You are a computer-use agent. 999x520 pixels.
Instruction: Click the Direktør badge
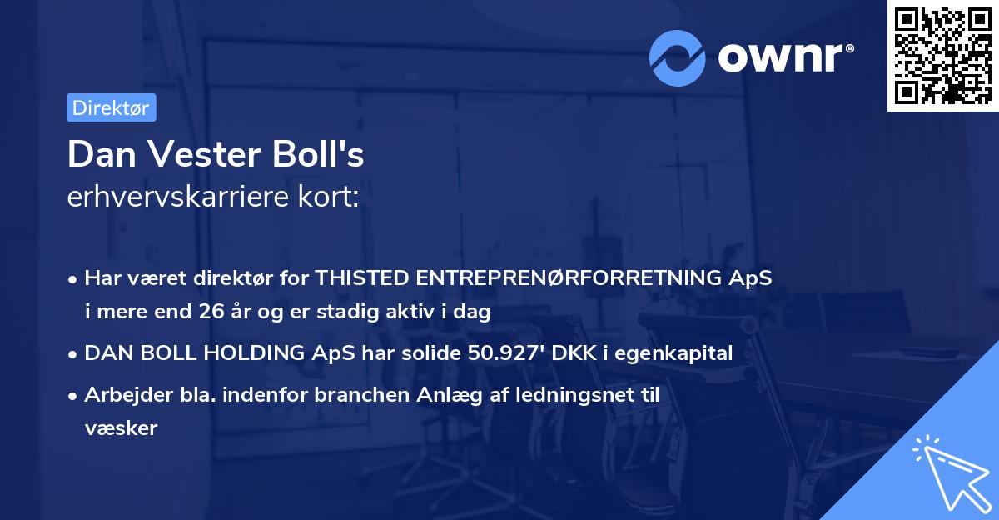point(111,107)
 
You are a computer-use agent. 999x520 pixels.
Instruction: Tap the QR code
point(943,55)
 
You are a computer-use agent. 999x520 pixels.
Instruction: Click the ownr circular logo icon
point(678,57)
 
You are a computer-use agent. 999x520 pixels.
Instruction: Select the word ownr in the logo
point(785,57)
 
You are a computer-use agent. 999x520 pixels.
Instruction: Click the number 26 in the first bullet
point(211,312)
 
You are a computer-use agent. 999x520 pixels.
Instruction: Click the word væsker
point(121,428)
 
